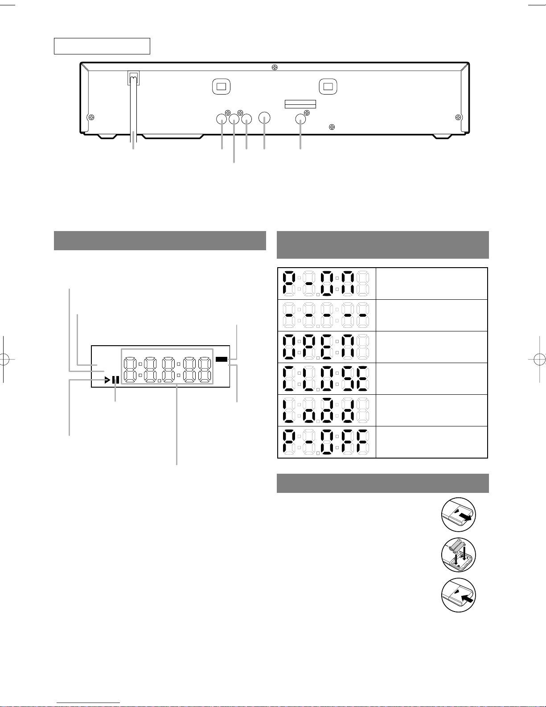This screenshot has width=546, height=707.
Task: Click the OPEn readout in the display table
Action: coord(326,347)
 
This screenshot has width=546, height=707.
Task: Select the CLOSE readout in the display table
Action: coord(326,378)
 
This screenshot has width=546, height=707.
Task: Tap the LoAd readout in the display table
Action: coord(326,410)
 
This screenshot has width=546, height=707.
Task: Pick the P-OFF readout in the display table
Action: coord(326,442)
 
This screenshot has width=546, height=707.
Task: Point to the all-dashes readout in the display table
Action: coord(326,315)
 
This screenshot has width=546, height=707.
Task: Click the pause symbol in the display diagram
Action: coord(115,380)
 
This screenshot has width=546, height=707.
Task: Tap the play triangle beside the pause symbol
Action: coord(107,380)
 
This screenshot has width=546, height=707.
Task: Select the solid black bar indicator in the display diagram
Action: coord(222,359)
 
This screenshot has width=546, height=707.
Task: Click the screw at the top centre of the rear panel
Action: coord(275,67)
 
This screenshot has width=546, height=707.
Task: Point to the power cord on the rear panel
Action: coord(134,107)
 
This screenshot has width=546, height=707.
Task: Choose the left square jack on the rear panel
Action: coord(222,87)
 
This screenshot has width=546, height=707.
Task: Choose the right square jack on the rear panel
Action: coord(328,87)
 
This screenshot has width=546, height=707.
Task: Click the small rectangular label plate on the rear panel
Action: coord(300,104)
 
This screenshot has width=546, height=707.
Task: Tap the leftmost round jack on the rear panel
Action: coord(222,119)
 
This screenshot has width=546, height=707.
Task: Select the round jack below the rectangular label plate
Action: coord(300,119)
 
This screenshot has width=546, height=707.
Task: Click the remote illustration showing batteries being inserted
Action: coord(459,555)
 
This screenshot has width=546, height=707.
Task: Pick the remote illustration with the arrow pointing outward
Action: coord(459,514)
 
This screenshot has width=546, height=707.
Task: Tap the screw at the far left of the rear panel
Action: coord(92,117)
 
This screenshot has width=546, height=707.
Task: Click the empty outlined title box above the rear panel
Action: coord(102,46)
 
